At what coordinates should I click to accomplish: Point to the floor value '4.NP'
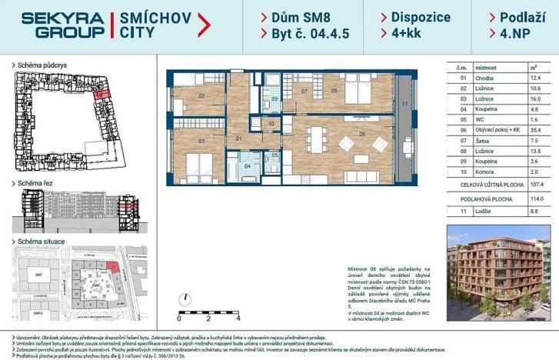(514, 33)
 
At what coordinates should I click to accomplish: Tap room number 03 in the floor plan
(201, 142)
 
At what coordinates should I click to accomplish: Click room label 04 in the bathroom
(247, 165)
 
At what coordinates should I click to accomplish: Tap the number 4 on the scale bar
(238, 317)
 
